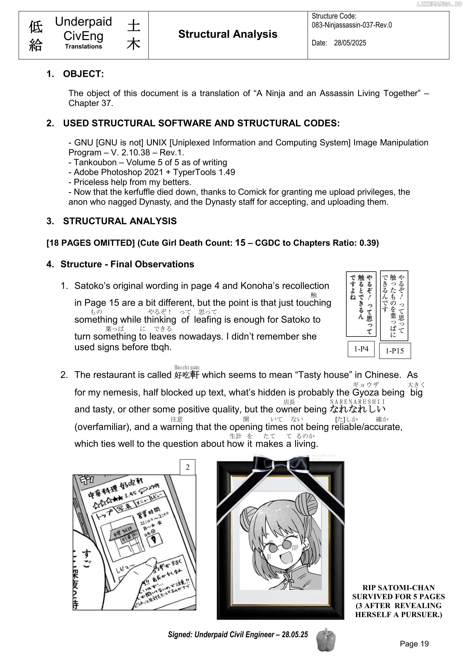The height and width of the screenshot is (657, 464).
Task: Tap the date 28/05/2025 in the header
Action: [350, 43]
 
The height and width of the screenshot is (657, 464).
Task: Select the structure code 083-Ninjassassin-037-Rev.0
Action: [352, 25]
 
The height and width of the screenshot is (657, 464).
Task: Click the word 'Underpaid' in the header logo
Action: [83, 22]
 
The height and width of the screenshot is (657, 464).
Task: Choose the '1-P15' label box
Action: [395, 351]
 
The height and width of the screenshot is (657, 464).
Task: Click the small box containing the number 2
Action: [187, 467]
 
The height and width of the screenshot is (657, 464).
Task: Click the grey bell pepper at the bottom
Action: [326, 640]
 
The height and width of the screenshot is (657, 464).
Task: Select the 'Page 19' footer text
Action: [414, 644]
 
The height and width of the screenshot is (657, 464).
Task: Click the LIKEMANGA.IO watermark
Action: [439, 4]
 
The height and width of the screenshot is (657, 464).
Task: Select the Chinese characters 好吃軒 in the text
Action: [186, 375]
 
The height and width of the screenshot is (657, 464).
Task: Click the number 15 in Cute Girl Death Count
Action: [240, 243]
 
